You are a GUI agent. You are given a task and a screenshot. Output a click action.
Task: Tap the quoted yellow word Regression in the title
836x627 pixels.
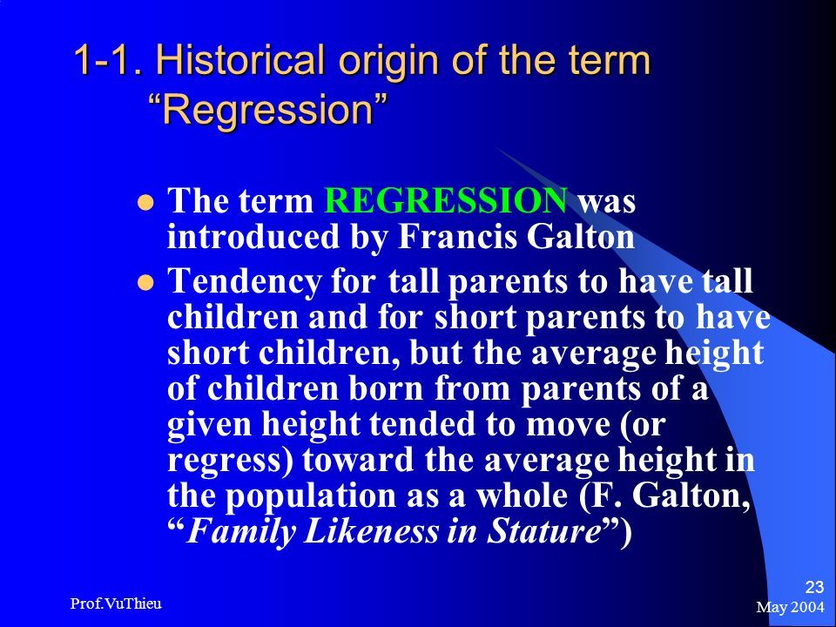tap(267, 110)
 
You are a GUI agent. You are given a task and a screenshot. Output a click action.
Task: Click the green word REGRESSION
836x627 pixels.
tap(446, 200)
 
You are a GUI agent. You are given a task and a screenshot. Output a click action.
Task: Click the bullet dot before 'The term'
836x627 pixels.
tap(145, 203)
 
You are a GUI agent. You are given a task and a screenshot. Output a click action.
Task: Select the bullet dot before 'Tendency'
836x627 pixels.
tap(145, 282)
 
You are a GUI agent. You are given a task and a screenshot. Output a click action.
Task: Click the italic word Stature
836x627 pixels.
tap(543, 531)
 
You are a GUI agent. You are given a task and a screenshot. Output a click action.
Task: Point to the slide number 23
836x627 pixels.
tap(814, 587)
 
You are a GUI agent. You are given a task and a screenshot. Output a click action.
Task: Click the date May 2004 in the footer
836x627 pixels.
tap(790, 607)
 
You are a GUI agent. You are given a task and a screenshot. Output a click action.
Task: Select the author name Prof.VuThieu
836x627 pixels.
tap(116, 603)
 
